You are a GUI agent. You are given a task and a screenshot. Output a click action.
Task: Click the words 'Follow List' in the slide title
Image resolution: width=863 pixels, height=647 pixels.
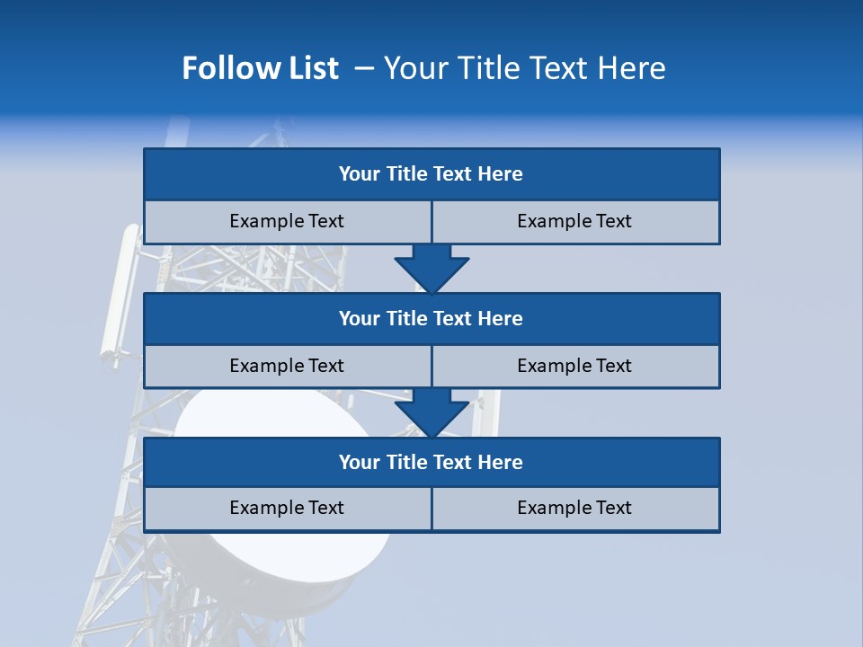tap(260, 68)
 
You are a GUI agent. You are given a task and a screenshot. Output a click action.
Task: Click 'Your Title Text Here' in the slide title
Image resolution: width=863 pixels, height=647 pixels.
tap(525, 68)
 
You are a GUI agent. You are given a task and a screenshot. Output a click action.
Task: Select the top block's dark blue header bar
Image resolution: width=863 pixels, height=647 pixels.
tap(431, 174)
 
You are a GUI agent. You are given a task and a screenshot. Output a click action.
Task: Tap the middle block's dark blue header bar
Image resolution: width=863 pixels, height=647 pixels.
tap(431, 319)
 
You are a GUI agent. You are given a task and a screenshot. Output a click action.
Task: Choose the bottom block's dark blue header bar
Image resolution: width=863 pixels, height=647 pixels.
tap(431, 463)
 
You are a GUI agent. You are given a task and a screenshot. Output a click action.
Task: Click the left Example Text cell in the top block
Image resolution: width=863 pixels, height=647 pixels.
tap(287, 222)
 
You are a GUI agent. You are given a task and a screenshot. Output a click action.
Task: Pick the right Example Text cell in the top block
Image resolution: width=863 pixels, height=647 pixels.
tap(574, 222)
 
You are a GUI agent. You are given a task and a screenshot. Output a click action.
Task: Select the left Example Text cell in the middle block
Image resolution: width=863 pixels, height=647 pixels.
tap(287, 367)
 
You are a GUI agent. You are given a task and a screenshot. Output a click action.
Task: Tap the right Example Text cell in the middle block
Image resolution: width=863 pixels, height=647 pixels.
tap(574, 367)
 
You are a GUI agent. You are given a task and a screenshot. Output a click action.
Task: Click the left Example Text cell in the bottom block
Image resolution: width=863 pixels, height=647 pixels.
tap(287, 509)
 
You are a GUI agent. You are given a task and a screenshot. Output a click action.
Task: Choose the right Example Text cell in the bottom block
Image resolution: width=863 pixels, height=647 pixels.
tap(574, 509)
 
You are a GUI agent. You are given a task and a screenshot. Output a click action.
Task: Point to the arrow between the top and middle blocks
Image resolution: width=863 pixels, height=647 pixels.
tap(431, 269)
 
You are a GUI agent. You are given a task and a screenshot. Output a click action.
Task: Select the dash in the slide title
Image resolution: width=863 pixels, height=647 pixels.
tap(364, 68)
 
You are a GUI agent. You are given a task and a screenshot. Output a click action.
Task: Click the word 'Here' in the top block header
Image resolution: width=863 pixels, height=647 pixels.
tap(501, 174)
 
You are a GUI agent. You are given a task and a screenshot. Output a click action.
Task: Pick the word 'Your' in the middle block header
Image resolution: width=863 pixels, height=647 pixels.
tap(360, 319)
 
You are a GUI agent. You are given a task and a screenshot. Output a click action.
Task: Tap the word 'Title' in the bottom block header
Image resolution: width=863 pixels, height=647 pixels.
tap(407, 463)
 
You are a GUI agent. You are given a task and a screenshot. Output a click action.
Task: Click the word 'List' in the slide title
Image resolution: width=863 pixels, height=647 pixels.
tap(314, 68)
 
